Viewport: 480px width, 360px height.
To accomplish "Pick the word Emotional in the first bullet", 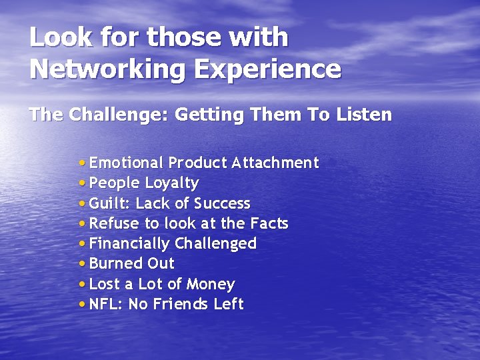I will point(126,163).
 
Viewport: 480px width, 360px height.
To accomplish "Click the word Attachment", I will point(275,163).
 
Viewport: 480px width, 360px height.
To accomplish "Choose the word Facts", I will point(269,223).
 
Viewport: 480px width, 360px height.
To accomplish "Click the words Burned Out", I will point(131,264).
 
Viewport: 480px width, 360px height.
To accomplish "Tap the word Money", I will point(211,285).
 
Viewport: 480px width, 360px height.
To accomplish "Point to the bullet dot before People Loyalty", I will point(81,183).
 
